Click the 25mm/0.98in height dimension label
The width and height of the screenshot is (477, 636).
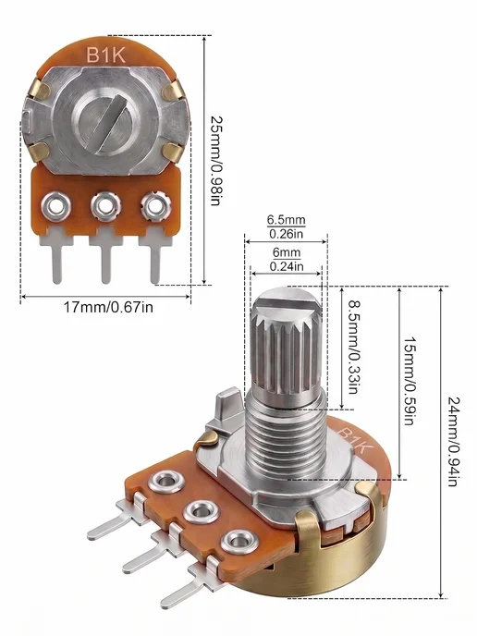point(216,161)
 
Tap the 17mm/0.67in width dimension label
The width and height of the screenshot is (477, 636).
point(108,307)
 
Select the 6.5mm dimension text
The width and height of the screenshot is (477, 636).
point(286,220)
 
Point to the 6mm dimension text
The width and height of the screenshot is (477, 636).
point(287,252)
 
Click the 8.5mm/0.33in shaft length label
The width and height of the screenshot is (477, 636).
point(354,347)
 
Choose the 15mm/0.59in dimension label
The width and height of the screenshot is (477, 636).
point(410,381)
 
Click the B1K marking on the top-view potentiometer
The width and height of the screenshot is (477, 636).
point(106,55)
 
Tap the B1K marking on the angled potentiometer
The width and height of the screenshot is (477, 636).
point(353,440)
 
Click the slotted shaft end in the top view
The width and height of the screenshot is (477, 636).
point(106,122)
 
